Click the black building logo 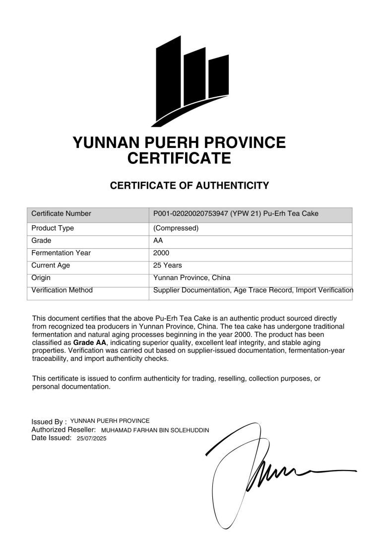(192, 79)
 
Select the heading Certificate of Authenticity (190, 186)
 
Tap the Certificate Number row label (61, 213)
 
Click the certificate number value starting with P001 (236, 213)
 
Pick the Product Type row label (53, 228)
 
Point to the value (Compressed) (176, 228)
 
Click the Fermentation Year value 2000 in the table (162, 253)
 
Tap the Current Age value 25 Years (168, 266)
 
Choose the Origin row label (41, 278)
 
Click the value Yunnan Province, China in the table (192, 278)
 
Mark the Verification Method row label (62, 290)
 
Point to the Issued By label (49, 422)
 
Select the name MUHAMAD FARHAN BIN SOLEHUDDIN (155, 430)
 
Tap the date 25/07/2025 (92, 439)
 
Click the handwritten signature (263, 472)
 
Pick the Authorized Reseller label (63, 430)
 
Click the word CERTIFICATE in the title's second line (179, 159)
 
